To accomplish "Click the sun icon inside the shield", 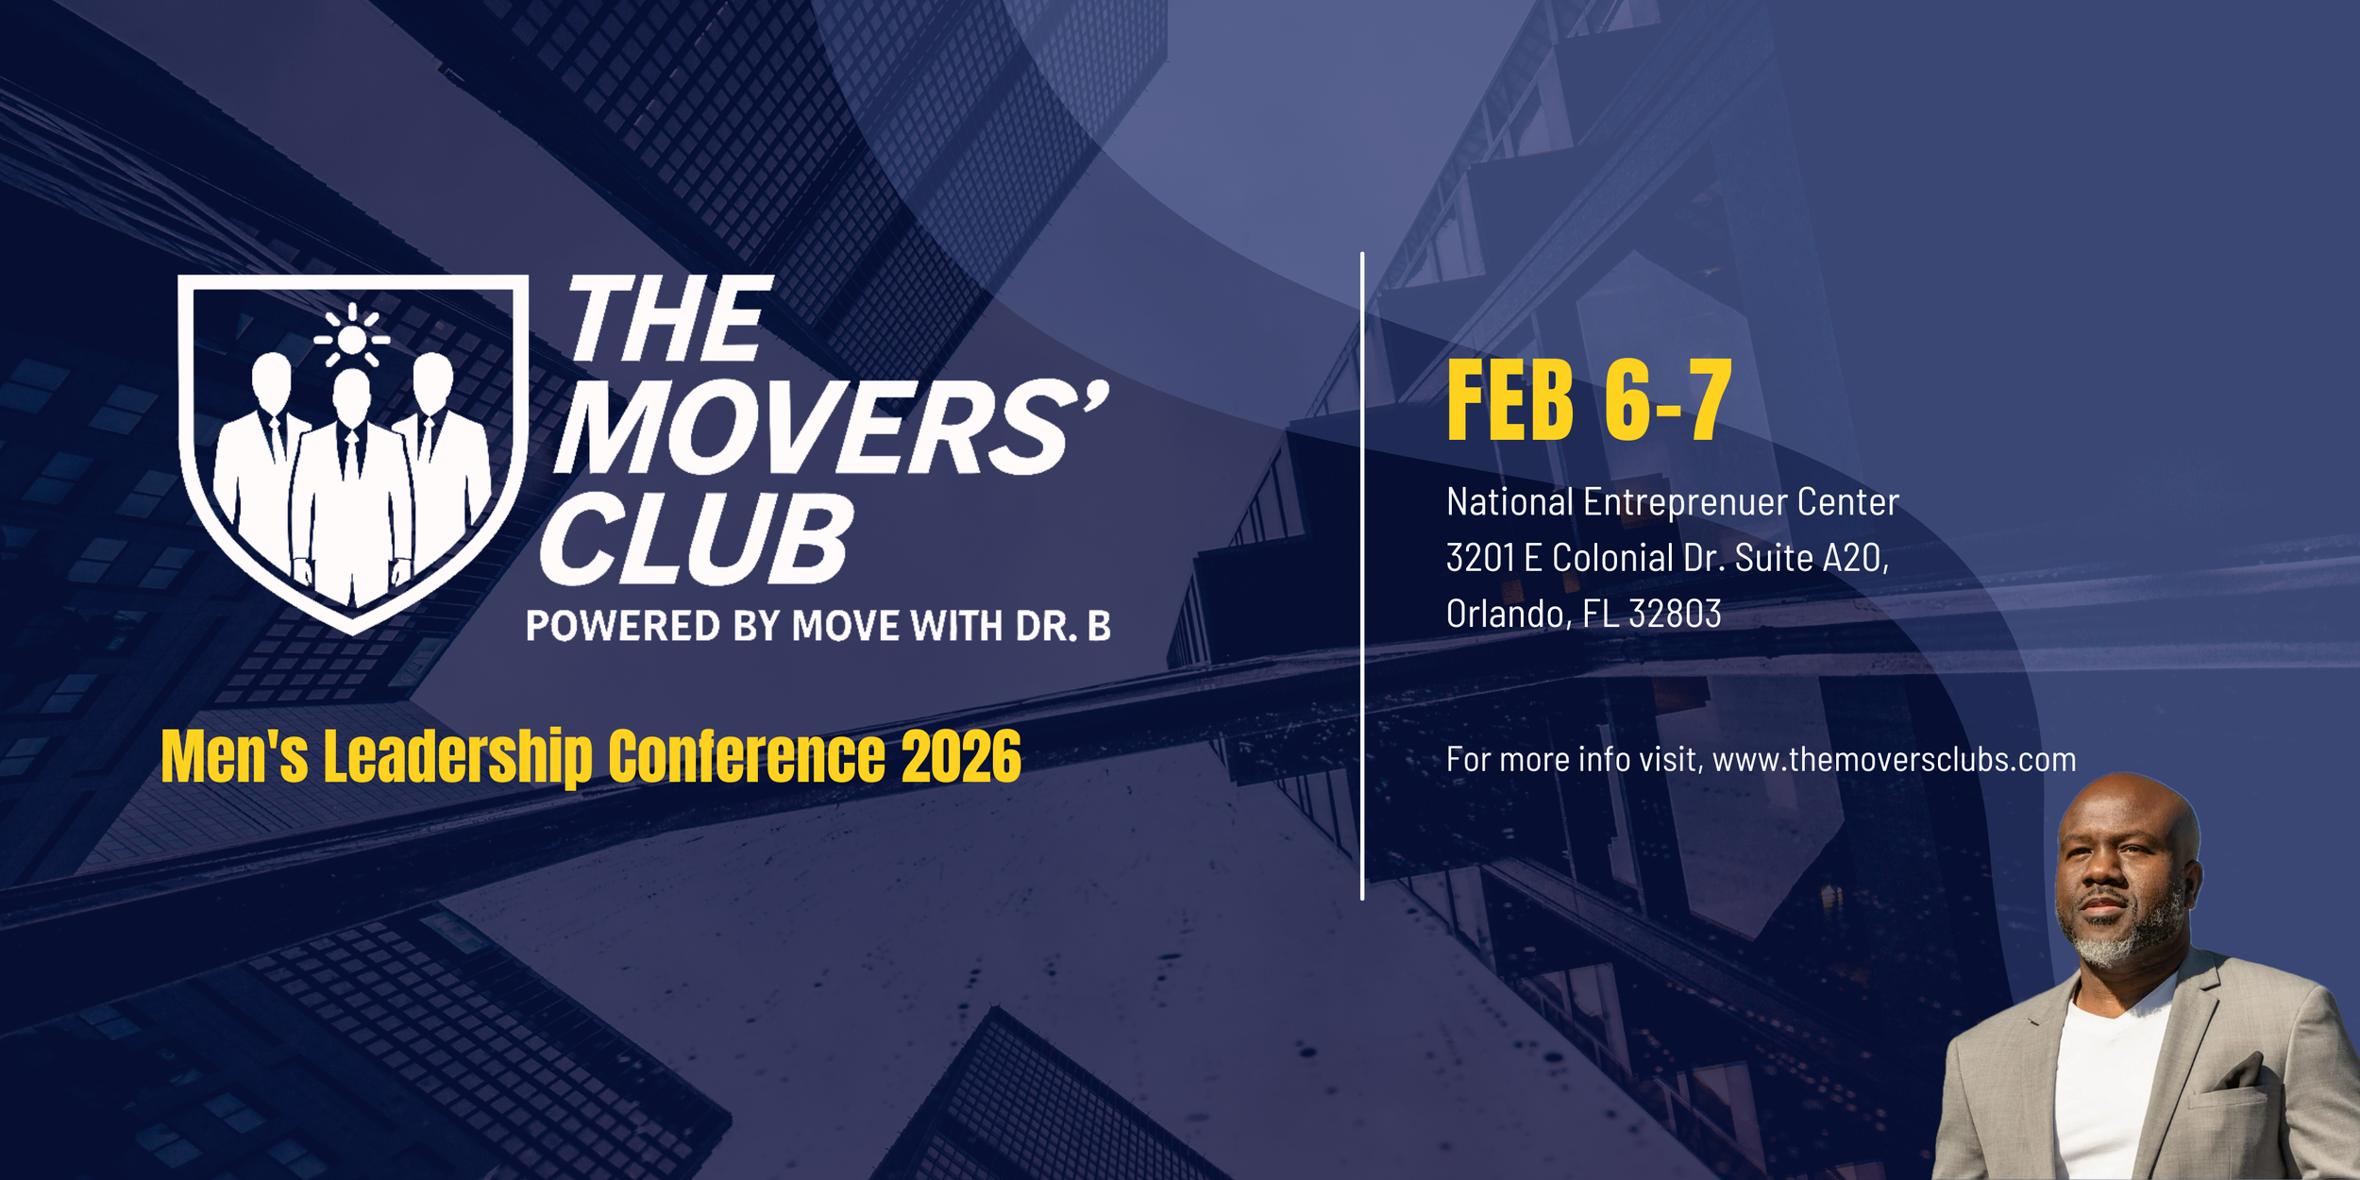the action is tap(351, 336).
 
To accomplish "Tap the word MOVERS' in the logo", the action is tap(831, 427).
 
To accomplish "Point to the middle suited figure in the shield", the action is tap(351, 486).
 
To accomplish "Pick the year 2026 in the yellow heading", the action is tap(961, 756).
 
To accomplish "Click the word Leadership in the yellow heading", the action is tap(459, 757).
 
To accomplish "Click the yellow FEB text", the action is tap(1510, 400).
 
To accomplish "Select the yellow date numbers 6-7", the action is tap(1668, 400).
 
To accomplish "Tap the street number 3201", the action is tap(1480, 558).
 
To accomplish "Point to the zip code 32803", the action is tap(1675, 614).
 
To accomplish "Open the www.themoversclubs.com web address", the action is tap(1894, 760).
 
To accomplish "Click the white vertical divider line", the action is tap(1362, 576).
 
